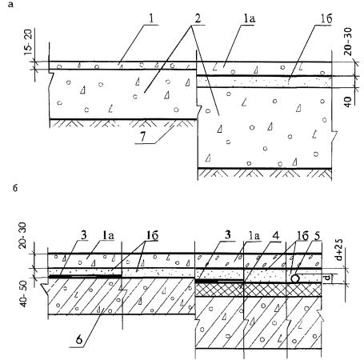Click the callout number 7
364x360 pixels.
point(143,137)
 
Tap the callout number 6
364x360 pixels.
point(79,339)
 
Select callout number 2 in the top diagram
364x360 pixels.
point(198,18)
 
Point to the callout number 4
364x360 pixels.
point(276,235)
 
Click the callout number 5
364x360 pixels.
point(317,236)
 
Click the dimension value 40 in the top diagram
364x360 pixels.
point(348,102)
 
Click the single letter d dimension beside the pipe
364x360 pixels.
point(328,278)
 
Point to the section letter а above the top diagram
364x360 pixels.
point(10,5)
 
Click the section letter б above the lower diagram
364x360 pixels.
point(15,188)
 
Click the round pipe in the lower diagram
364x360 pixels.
point(295,278)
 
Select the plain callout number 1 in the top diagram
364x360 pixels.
point(151,18)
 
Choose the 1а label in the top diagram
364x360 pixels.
point(249,19)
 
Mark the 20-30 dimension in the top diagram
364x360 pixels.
point(348,42)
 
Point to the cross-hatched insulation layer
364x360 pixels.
point(258,290)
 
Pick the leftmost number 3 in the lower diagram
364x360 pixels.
point(84,236)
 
